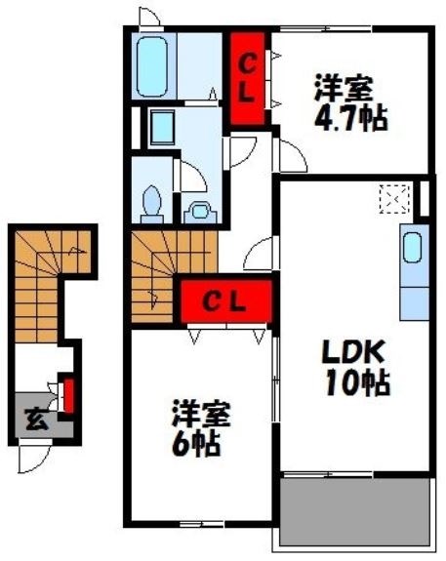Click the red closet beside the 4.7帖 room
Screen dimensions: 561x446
point(249,78)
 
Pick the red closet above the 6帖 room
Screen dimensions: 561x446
point(224,301)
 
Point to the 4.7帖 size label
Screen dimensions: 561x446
point(351,118)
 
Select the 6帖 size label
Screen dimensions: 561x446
point(198,444)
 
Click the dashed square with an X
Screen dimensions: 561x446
point(396,200)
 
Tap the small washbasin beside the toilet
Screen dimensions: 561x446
point(201,210)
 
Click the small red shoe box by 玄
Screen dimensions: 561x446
point(69,394)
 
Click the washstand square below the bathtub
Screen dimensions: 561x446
point(162,128)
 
